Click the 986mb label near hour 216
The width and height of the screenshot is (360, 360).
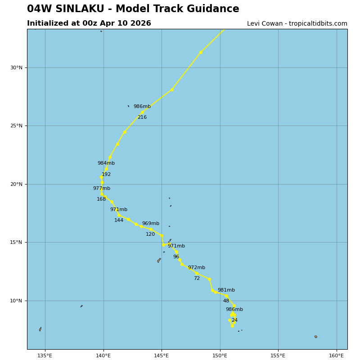coord(142,107)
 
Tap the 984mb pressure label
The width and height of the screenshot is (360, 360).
coord(106,163)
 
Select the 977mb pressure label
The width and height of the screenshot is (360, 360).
coord(101,189)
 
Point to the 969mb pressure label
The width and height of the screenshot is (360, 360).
coord(150,224)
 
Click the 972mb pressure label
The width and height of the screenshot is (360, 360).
coord(196,268)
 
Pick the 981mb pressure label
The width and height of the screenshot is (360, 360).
coord(226,290)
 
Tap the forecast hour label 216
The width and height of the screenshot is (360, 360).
coord(142,117)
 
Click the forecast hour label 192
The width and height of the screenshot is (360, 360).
coord(106,175)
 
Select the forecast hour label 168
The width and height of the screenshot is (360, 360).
coord(101,199)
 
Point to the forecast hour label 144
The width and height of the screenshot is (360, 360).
coord(118,220)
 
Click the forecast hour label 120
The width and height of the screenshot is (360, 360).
coord(150,234)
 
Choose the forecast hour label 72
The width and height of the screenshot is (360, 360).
coord(197,279)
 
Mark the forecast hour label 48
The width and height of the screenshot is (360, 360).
coord(226,301)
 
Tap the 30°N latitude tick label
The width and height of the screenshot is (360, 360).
coord(17,68)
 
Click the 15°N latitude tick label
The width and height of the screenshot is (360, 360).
coord(17,243)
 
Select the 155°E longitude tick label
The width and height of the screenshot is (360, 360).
coord(278,355)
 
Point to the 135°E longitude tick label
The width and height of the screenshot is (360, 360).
coord(45,355)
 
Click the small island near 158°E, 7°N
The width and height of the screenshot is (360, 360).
coord(315,337)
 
